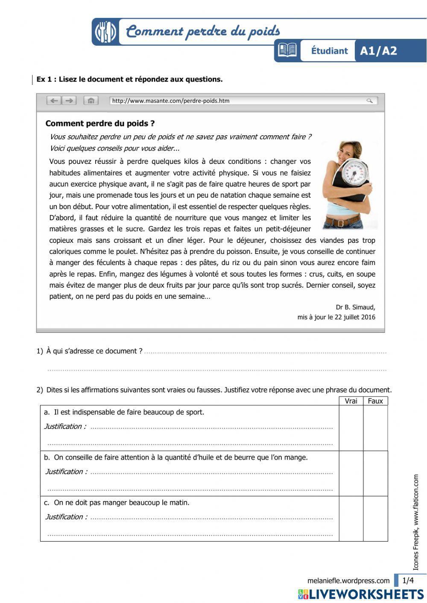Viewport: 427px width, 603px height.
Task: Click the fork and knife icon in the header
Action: point(105,32)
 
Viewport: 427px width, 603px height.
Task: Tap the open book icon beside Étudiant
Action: point(287,50)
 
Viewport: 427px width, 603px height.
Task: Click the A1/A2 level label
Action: point(378,51)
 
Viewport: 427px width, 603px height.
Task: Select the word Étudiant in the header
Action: point(329,51)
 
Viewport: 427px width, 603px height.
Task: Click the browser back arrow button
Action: point(54,101)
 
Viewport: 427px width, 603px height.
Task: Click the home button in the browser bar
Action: point(91,101)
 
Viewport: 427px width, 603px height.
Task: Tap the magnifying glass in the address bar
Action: point(369,101)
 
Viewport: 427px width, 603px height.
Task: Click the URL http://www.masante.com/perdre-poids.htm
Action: point(171,101)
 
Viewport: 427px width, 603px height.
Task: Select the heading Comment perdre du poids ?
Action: point(100,124)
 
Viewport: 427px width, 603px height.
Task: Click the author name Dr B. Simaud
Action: point(355,307)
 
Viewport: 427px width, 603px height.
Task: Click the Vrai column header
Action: point(351,401)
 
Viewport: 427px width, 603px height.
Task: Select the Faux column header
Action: point(375,401)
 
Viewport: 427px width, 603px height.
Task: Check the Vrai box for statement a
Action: point(351,428)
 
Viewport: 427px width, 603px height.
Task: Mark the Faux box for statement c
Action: point(375,519)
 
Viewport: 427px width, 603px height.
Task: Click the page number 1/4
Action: point(408,580)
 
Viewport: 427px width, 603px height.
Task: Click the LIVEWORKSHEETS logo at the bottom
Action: point(361,594)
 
